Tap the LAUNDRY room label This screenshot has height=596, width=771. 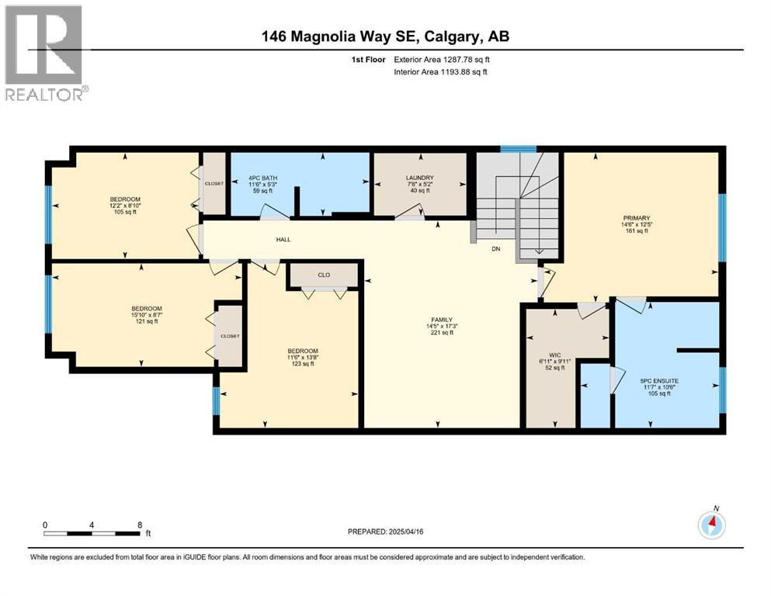(419, 178)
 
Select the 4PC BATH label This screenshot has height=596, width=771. (262, 178)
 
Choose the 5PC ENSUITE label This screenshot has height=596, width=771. (659, 380)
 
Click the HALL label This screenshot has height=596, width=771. (283, 240)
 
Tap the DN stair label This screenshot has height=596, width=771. (497, 249)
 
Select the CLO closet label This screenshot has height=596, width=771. (324, 274)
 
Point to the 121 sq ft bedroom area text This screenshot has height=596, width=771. (146, 321)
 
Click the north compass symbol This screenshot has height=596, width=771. (711, 525)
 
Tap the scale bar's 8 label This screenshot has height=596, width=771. (139, 525)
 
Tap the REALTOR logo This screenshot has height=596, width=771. (44, 53)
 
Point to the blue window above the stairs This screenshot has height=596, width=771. (518, 149)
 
